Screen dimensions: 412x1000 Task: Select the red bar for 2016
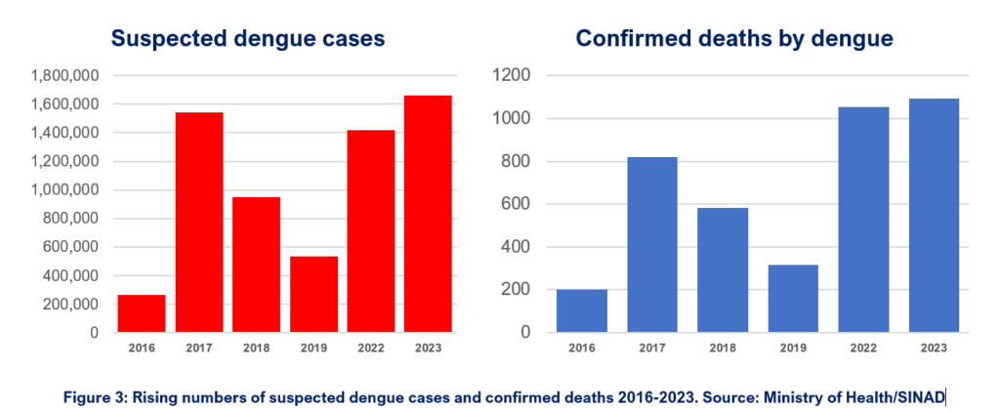click(142, 313)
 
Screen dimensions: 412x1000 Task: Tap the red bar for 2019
click(314, 294)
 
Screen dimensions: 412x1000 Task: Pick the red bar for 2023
click(429, 214)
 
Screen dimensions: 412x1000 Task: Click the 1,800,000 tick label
click(64, 76)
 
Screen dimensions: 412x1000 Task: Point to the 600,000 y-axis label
click(70, 247)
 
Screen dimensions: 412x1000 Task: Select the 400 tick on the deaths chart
click(518, 247)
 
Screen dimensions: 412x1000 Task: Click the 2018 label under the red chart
click(257, 349)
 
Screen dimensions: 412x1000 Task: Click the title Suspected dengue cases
click(247, 38)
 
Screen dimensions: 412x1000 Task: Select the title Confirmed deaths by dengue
click(735, 38)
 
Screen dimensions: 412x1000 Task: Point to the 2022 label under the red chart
click(371, 349)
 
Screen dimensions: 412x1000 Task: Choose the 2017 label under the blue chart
click(653, 349)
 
